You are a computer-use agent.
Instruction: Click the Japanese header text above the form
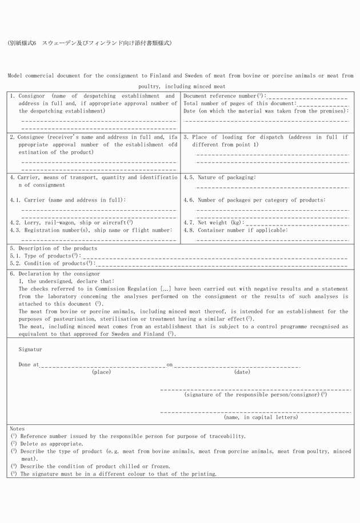coord(90,43)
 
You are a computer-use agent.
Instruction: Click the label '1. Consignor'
coord(28,96)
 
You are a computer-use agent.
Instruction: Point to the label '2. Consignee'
coord(28,138)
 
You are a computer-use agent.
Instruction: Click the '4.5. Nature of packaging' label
coord(219,178)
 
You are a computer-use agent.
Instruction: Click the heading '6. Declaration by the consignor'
coord(55,274)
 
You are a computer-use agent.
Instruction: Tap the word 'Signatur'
coord(30,349)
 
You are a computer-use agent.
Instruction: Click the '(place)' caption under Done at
coord(101,372)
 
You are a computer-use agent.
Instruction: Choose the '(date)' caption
coord(242,372)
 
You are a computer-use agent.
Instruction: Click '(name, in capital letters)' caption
coord(261,417)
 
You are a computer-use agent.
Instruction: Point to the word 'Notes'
coord(17,428)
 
